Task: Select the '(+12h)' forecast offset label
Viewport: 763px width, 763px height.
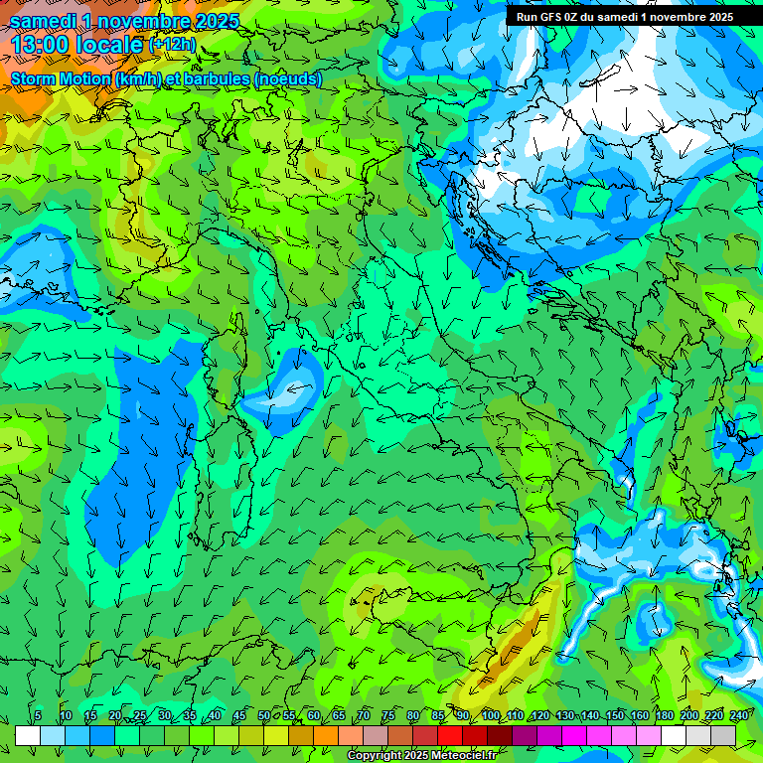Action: click(172, 44)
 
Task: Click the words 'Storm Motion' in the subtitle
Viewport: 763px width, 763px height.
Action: click(61, 78)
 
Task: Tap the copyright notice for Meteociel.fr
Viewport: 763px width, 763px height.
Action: click(421, 756)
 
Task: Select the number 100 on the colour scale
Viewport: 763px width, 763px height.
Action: click(490, 715)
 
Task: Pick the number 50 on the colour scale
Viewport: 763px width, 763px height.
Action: click(264, 715)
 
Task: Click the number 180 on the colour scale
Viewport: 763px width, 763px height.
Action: click(663, 715)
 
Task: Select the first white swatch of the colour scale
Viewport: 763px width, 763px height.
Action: click(28, 735)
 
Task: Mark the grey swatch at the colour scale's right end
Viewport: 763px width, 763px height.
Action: click(724, 735)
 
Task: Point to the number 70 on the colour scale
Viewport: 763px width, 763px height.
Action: click(364, 715)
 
